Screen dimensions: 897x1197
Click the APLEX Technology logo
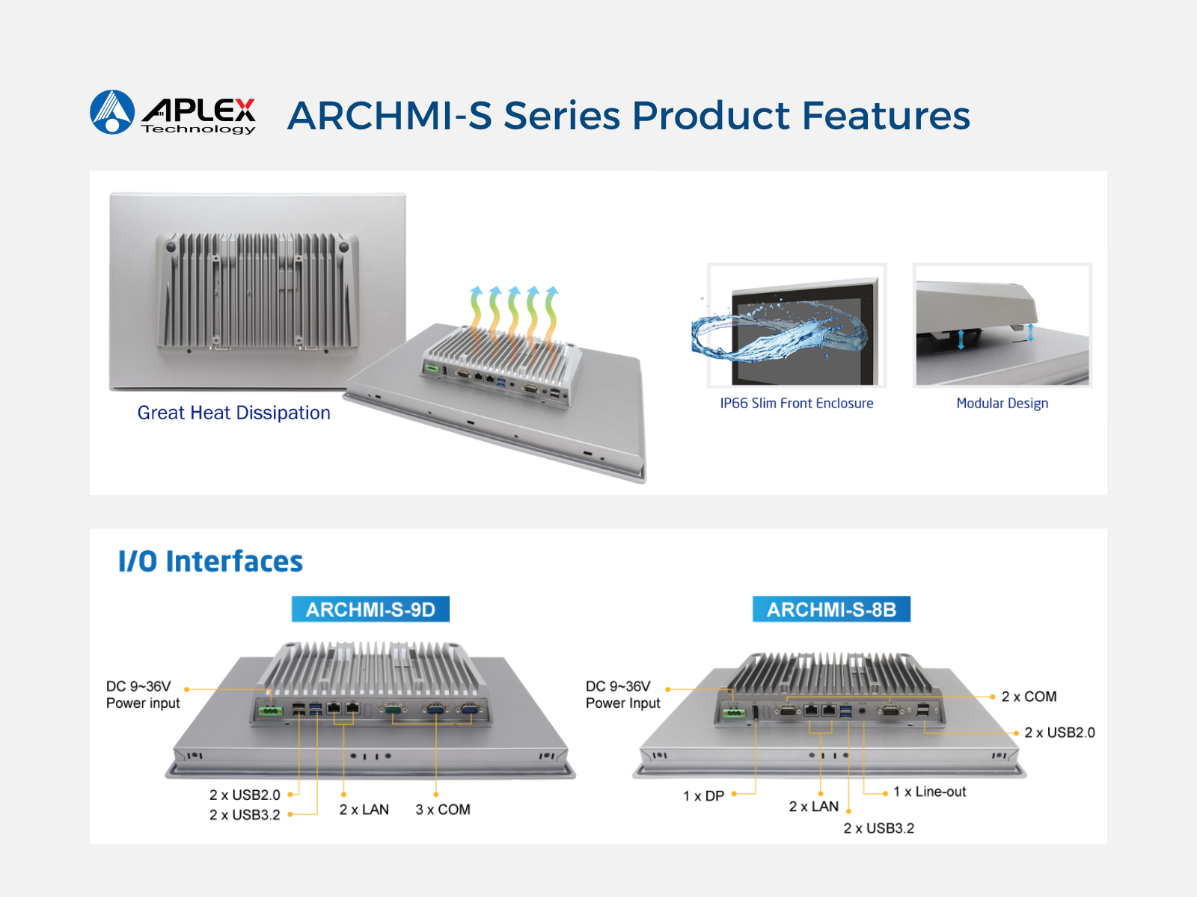coord(173,113)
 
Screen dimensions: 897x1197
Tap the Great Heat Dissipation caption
coord(233,413)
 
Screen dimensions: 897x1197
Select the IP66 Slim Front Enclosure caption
coord(796,404)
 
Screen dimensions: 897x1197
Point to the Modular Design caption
coord(1002,404)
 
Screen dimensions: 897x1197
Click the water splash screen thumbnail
coord(796,326)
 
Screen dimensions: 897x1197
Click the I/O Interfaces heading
coord(210,561)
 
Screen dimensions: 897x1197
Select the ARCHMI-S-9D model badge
coord(370,609)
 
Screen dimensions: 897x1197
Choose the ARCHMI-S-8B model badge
coord(831,609)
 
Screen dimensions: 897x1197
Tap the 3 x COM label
coord(443,810)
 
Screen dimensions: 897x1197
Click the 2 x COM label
coord(1029,697)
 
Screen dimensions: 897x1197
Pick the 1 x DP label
coord(703,796)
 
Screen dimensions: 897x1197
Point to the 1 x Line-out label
coord(929,792)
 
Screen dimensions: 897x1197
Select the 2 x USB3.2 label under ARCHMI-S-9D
coord(245,815)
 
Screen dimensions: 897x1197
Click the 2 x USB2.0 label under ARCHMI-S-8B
coord(1059,733)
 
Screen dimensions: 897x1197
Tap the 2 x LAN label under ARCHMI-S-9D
coord(364,810)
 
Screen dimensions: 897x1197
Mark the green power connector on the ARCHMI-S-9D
coord(270,710)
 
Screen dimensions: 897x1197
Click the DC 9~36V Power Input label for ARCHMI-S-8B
coord(622,694)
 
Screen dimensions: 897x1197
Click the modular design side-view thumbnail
coord(1002,326)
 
